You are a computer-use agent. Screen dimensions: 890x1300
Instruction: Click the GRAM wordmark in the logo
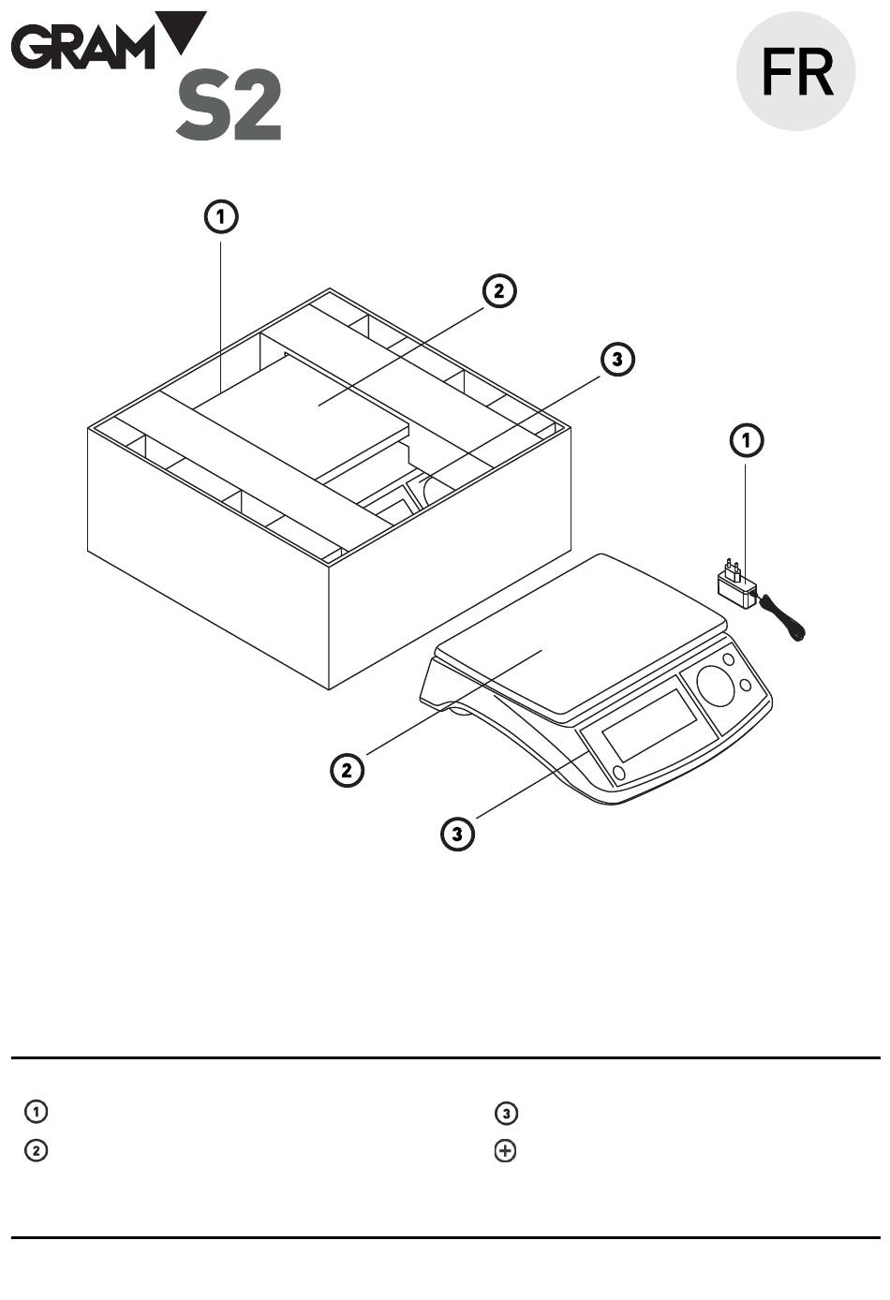pyautogui.click(x=83, y=48)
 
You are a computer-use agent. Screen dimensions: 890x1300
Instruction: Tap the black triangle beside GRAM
pyautogui.click(x=183, y=28)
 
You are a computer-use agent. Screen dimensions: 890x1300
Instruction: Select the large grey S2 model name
pyautogui.click(x=229, y=105)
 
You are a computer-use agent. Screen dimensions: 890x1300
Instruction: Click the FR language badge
pyautogui.click(x=796, y=71)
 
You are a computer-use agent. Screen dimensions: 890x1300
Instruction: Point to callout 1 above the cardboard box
pyautogui.click(x=221, y=217)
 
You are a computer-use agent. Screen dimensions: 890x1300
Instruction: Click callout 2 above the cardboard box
pyautogui.click(x=499, y=290)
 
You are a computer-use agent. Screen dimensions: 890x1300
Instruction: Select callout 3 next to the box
pyautogui.click(x=617, y=360)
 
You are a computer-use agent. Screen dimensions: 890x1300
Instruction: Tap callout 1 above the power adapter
pyautogui.click(x=747, y=440)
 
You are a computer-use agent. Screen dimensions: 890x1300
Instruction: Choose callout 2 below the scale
pyautogui.click(x=348, y=770)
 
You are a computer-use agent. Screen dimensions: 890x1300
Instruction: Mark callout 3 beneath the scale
pyautogui.click(x=457, y=834)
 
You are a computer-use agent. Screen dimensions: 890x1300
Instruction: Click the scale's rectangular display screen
pyautogui.click(x=649, y=726)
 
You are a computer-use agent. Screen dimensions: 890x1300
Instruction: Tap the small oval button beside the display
pyautogui.click(x=619, y=773)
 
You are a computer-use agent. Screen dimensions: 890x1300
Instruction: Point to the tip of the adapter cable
pyautogui.click(x=801, y=639)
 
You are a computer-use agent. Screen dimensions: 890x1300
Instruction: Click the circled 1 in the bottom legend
pyautogui.click(x=36, y=1112)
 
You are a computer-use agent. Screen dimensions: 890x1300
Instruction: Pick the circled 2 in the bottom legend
pyautogui.click(x=36, y=1150)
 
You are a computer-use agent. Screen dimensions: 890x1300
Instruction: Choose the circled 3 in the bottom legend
pyautogui.click(x=506, y=1113)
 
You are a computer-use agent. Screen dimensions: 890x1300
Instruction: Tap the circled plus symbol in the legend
pyautogui.click(x=505, y=1151)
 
